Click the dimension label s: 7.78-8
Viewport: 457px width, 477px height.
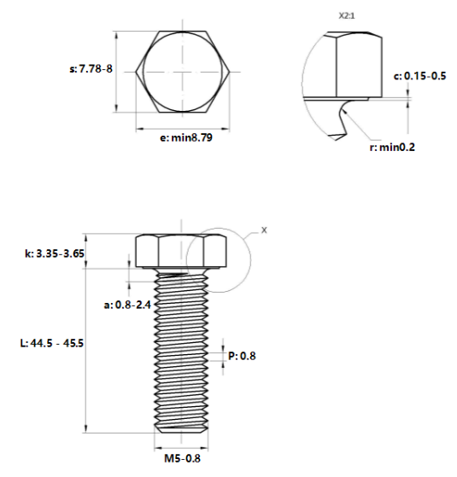91,69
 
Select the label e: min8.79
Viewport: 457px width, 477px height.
186,137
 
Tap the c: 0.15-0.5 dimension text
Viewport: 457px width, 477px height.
419,76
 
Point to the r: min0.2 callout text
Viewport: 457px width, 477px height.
392,148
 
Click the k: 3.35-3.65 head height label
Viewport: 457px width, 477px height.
55,253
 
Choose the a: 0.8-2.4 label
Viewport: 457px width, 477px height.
127,305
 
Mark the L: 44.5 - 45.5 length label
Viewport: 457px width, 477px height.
52,343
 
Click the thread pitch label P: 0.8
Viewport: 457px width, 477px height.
242,356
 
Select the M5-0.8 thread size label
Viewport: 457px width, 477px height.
183,458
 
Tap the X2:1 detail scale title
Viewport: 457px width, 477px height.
347,16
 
